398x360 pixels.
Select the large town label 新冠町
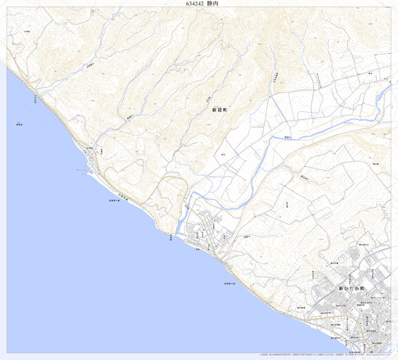click(x=219, y=110)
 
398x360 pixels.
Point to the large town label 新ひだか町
click(x=351, y=289)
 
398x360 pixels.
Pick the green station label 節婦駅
click(x=90, y=148)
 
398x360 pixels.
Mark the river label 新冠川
click(x=287, y=137)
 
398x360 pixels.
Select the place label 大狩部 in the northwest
click(x=27, y=31)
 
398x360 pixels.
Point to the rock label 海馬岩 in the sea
click(x=19, y=125)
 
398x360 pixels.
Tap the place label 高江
click(x=224, y=154)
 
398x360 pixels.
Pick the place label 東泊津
click(x=375, y=164)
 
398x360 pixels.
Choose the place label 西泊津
click(x=287, y=205)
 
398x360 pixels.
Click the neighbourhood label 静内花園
click(x=334, y=263)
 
